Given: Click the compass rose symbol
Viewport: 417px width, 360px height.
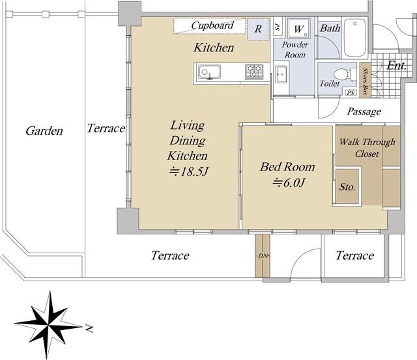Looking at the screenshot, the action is pyautogui.click(x=48, y=325).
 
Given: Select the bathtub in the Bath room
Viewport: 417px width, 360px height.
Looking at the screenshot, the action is pyautogui.click(x=355, y=38).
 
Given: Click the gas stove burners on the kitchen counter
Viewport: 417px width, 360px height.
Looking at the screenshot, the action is pyautogui.click(x=254, y=72).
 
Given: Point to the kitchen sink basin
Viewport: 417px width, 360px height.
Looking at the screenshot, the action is pyautogui.click(x=209, y=72).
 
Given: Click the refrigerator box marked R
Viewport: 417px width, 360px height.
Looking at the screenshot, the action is pyautogui.click(x=258, y=29).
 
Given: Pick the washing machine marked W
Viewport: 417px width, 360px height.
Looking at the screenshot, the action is pyautogui.click(x=298, y=28).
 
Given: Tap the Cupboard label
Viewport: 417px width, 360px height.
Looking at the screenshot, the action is pyautogui.click(x=212, y=25).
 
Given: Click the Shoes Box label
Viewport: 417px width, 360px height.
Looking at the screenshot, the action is pyautogui.click(x=365, y=81).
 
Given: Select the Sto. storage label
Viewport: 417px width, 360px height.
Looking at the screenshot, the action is pyautogui.click(x=347, y=187).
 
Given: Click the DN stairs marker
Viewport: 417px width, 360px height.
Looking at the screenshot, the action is pyautogui.click(x=263, y=256).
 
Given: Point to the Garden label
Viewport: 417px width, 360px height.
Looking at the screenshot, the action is pyautogui.click(x=44, y=131).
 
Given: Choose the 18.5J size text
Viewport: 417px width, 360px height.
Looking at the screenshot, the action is pyautogui.click(x=188, y=172).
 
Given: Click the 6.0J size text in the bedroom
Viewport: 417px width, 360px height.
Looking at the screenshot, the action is pyautogui.click(x=289, y=182).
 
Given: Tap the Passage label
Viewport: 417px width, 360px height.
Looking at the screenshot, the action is pyautogui.click(x=364, y=111).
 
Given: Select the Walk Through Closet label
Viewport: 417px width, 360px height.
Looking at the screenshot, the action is pyautogui.click(x=367, y=148).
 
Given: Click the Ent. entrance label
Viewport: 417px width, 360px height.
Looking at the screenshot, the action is pyautogui.click(x=396, y=65).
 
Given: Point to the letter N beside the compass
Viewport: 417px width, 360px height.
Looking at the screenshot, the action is pyautogui.click(x=89, y=329).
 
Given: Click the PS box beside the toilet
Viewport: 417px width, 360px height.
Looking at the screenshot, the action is pyautogui.click(x=351, y=92).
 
